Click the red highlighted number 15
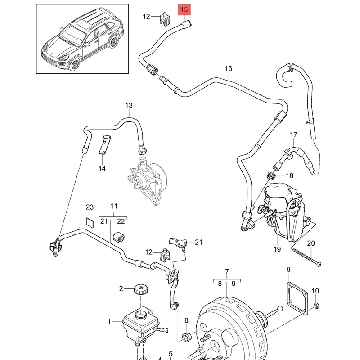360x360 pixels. coord(185,9)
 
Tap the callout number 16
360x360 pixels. coord(229,69)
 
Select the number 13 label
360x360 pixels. coord(129,106)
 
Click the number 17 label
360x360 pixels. coord(293,135)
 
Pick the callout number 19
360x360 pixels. coord(276,249)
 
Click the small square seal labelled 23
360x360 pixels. coord(90,221)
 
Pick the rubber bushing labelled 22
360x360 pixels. coord(121,236)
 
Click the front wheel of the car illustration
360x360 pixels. coord(72,66)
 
